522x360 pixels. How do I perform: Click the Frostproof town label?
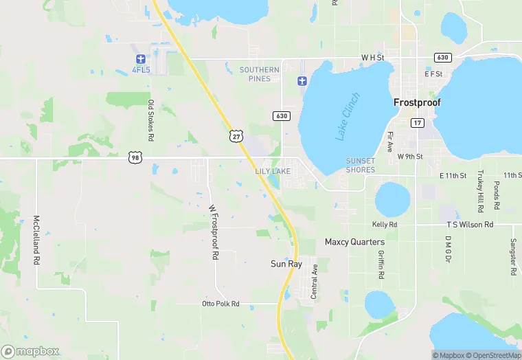coord(417,102)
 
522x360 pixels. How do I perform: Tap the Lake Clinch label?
coord(348,117)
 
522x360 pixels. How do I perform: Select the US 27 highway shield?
coord(236,135)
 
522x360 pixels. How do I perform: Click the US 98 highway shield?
coord(135,157)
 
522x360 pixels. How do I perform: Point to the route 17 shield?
coord(417,122)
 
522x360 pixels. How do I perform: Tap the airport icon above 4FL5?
coord(141,58)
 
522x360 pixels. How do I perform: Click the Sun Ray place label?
coord(286,263)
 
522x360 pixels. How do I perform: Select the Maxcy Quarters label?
coord(354,243)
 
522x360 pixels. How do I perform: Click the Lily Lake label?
coord(273,170)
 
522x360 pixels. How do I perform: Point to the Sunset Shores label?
coord(361,166)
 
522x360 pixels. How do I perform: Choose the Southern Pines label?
coord(260,74)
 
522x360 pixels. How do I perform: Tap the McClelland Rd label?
coord(36,241)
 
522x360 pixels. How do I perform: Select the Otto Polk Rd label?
coord(220,303)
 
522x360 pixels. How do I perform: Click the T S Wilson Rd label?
coord(470,225)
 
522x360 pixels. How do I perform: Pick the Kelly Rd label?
coord(384,225)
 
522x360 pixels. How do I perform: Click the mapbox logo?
coord(30,351)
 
